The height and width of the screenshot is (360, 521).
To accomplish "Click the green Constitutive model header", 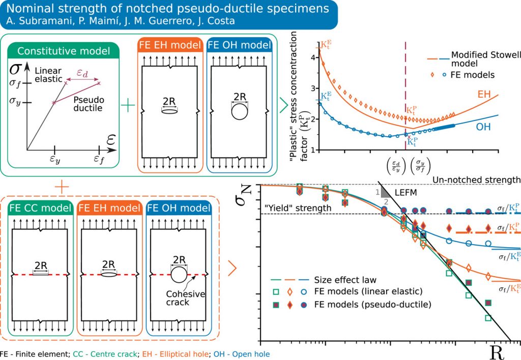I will [x=63, y=51].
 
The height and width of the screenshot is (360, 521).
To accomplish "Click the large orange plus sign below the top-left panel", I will [x=61, y=187].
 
